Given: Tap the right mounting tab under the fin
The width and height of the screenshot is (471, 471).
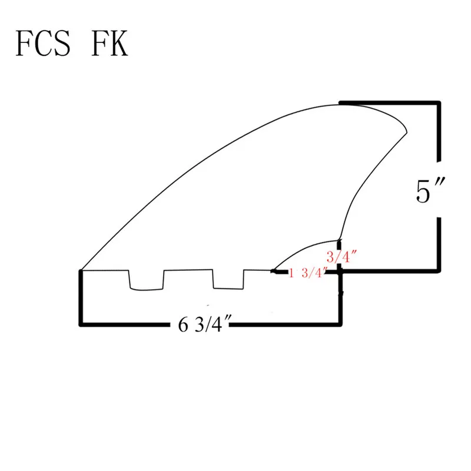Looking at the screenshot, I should point(228,280).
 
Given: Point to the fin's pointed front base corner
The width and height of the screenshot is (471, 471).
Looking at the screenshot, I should point(81,270).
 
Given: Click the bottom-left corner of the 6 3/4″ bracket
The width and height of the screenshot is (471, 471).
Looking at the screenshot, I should point(81,323).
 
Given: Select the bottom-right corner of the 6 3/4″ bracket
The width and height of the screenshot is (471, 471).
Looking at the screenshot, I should point(340,323).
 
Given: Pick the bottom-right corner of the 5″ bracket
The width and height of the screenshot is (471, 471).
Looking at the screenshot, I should point(439,271).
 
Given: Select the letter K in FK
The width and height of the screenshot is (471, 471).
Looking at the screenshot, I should point(118,45).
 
